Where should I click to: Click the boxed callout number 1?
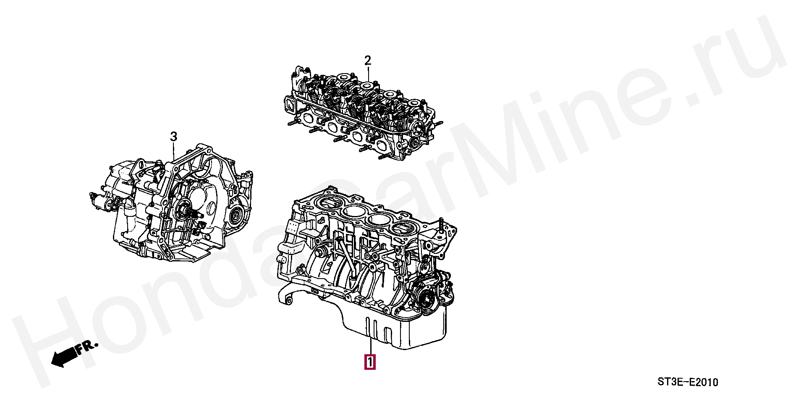370,362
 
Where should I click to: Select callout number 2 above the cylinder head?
368,61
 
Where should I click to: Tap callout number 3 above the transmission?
173,137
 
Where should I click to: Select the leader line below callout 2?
368,75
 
